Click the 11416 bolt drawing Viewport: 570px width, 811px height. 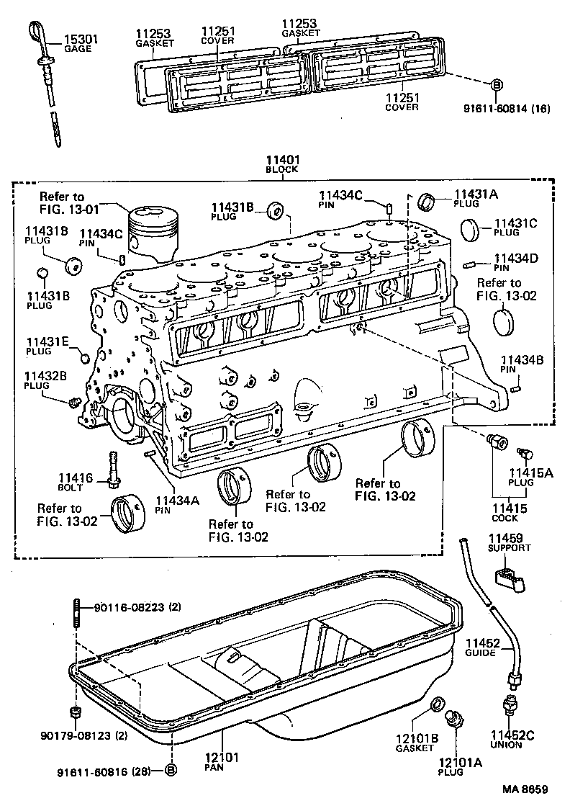(113, 467)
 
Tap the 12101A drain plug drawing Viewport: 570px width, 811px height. (456, 717)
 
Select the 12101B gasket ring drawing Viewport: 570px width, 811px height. (436, 704)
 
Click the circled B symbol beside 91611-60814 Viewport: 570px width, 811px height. (496, 86)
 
